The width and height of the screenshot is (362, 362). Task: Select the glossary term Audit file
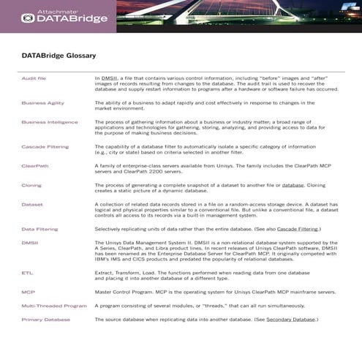pyautogui.click(x=34, y=77)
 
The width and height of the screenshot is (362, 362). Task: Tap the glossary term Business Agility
pyautogui.click(x=42, y=103)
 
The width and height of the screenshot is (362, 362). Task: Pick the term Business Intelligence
pyautogui.click(x=48, y=122)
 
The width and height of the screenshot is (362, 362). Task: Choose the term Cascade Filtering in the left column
pyautogui.click(x=45, y=146)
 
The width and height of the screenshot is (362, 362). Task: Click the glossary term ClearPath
pyautogui.click(x=35, y=166)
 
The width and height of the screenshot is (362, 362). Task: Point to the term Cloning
pyautogui.click(x=31, y=185)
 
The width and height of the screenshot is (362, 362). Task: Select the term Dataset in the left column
pyautogui.click(x=32, y=204)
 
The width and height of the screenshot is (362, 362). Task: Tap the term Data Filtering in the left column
pyautogui.click(x=39, y=229)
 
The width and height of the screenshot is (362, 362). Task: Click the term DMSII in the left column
pyautogui.click(x=30, y=242)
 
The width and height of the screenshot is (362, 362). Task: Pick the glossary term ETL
pyautogui.click(x=27, y=272)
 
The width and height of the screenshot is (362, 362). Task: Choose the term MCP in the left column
pyautogui.click(x=28, y=292)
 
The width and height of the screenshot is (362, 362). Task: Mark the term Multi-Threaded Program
pyautogui.click(x=54, y=305)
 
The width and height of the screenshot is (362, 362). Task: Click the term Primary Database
pyautogui.click(x=46, y=320)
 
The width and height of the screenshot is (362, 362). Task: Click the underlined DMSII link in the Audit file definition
pyautogui.click(x=109, y=77)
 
